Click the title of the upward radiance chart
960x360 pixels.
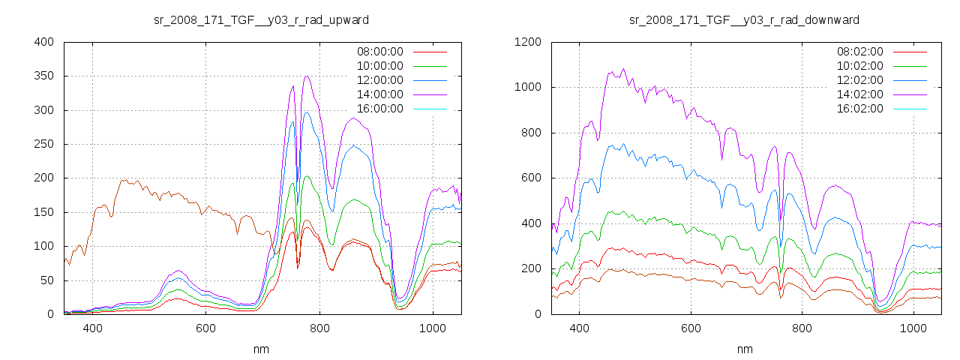(x=261, y=19)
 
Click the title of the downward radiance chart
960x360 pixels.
(x=744, y=19)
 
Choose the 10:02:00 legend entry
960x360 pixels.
(x=859, y=66)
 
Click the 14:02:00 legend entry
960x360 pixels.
(x=859, y=94)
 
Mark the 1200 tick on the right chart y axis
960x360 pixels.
(x=528, y=42)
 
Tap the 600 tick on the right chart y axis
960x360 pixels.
(x=531, y=178)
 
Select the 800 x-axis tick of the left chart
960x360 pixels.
(x=319, y=328)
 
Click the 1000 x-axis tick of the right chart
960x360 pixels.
(x=913, y=328)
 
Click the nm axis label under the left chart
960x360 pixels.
(x=261, y=349)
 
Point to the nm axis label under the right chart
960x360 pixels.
(x=744, y=349)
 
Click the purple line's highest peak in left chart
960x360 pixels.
(x=307, y=76)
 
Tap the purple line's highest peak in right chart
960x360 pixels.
(x=622, y=69)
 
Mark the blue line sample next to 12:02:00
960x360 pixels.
(x=908, y=80)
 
